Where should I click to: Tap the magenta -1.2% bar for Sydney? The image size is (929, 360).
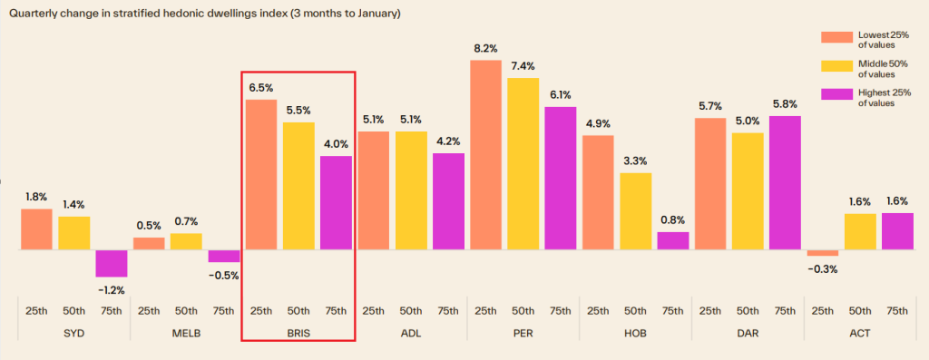112,263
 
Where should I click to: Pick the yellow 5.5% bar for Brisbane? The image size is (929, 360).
298,186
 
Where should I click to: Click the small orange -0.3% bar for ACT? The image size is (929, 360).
823,253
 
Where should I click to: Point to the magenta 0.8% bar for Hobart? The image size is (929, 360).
672,240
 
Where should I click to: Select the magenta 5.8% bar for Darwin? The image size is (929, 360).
785,182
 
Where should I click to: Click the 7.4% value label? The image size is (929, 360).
523,67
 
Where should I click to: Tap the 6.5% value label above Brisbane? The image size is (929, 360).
261,88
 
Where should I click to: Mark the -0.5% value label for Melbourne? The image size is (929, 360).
224,276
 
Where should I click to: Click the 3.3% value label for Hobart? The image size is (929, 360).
635,162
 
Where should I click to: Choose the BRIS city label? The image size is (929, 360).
298,333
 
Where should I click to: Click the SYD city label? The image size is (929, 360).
73,333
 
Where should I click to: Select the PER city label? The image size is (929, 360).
523,333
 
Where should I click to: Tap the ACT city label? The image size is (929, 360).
860,333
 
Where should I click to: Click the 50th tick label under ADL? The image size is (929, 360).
410,311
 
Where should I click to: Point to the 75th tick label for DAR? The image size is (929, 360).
785,311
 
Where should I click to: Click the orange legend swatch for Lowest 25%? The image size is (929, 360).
836,37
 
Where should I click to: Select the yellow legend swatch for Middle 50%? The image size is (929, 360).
836,66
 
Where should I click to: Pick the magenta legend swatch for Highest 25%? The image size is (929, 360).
836,94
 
